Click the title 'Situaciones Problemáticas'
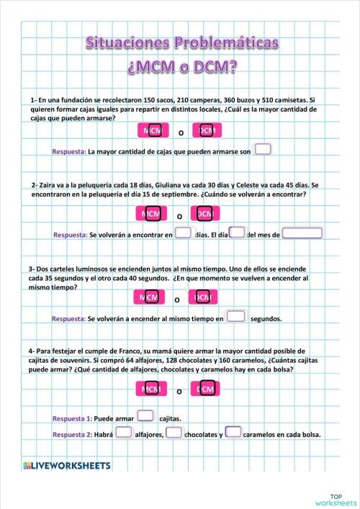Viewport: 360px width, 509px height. (x=181, y=43)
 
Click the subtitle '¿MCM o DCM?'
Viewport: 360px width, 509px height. (x=181, y=68)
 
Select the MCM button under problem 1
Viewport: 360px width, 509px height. (x=152, y=130)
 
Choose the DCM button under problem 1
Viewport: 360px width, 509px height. (x=207, y=130)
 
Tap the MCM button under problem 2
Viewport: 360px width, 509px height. (x=150, y=214)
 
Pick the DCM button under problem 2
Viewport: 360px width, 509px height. (x=204, y=214)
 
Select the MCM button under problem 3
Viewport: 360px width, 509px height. (x=150, y=298)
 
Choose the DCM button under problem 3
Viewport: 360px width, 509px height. (x=204, y=298)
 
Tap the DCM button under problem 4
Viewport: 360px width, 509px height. (x=206, y=389)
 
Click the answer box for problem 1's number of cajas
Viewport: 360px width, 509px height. (x=263, y=150)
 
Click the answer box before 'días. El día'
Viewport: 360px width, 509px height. (x=184, y=233)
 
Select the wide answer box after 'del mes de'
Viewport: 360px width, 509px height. (x=302, y=233)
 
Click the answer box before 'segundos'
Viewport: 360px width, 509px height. (x=236, y=316)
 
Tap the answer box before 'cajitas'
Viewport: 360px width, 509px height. (x=145, y=415)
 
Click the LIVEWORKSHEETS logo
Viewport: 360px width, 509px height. (x=67, y=466)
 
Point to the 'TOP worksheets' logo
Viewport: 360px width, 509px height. (x=336, y=499)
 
